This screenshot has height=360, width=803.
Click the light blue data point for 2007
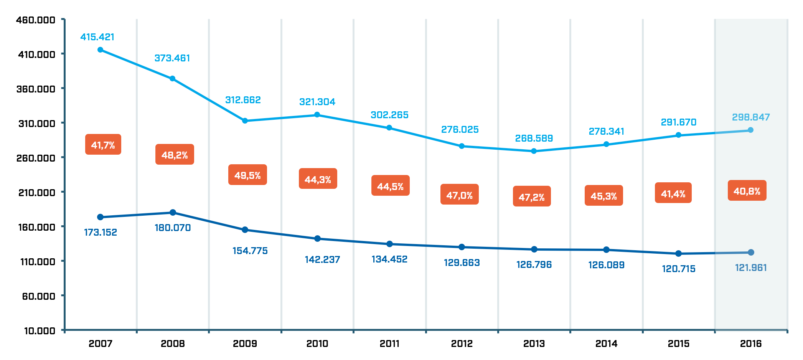[x=100, y=50]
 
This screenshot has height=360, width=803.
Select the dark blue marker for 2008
[x=173, y=213]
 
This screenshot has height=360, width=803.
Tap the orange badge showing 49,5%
[x=247, y=175]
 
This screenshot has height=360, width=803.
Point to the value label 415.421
[x=97, y=37]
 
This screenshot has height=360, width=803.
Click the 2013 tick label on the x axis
[x=534, y=343]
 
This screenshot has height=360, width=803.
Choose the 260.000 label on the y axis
[x=36, y=158]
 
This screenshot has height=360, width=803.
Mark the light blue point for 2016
[x=751, y=130]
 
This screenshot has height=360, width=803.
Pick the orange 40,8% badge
[x=747, y=191]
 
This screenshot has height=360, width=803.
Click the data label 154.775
[x=250, y=251]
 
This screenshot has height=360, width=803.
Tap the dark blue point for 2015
[x=678, y=254]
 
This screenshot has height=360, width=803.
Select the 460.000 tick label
[x=36, y=20]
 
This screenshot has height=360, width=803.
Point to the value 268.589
[x=534, y=138]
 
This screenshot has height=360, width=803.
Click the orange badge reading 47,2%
[x=532, y=197]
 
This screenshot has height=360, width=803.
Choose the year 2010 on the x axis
[x=317, y=343]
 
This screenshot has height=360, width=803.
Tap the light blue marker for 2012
[x=462, y=146]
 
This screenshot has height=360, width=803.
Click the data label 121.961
[x=751, y=268]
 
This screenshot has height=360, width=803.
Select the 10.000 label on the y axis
[x=40, y=331]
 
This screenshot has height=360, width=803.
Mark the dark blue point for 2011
[x=389, y=244]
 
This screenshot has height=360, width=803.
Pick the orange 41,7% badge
[x=103, y=145]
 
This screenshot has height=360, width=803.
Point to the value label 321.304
[x=317, y=102]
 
